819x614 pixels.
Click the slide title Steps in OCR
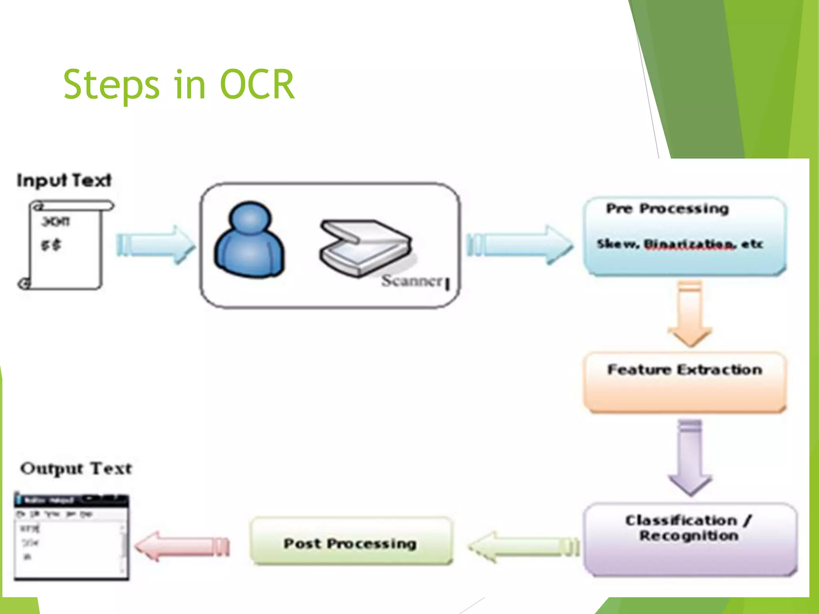[x=179, y=85]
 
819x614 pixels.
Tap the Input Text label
[x=64, y=180]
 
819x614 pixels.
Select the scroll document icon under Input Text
[x=64, y=245]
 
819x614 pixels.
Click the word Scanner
[x=412, y=281]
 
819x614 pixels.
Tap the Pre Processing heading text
[x=667, y=209]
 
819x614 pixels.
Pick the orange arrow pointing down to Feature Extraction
[x=690, y=314]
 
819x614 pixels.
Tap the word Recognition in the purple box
[x=689, y=536]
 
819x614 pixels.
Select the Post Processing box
[x=351, y=542]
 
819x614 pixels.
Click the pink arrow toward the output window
[x=182, y=546]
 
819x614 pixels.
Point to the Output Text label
[x=76, y=468]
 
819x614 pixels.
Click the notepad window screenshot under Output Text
[x=71, y=536]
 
